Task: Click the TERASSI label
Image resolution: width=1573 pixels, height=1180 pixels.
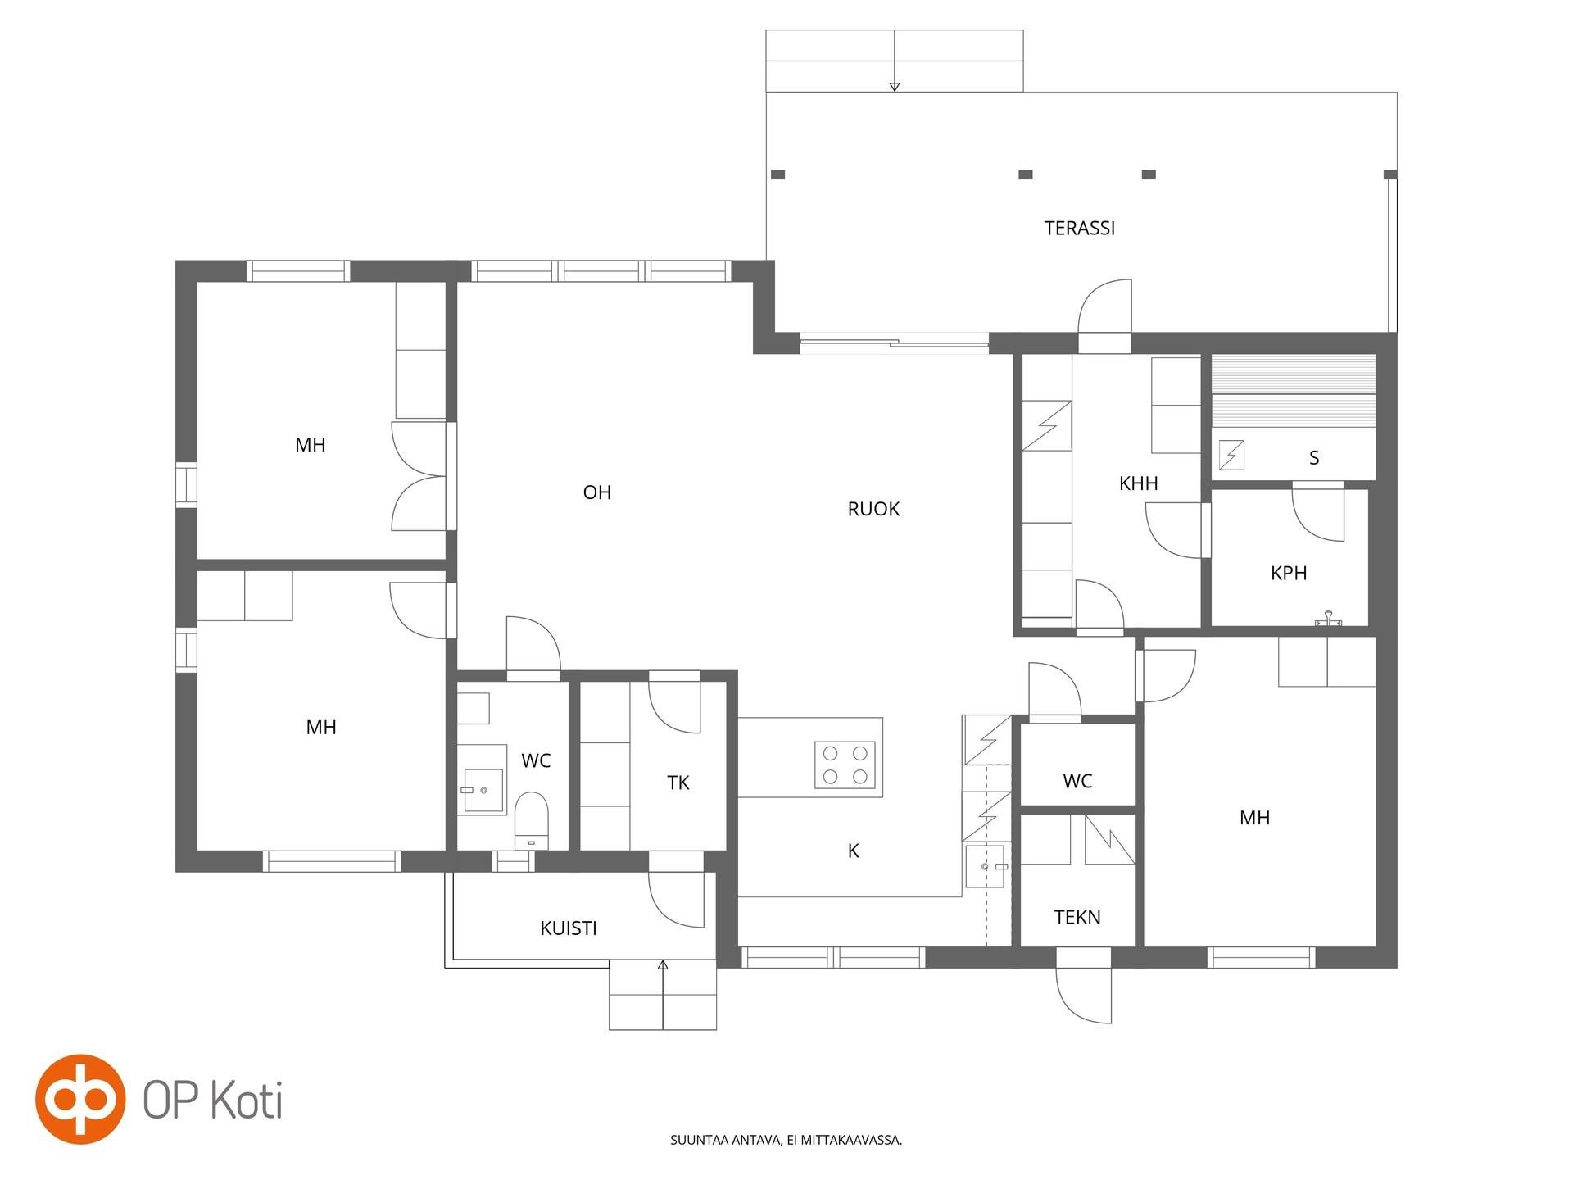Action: (x=1079, y=228)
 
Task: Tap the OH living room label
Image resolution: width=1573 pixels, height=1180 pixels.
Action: (x=596, y=492)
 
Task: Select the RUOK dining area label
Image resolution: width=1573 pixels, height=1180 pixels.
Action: (x=873, y=509)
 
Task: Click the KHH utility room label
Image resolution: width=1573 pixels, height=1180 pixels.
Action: (x=1138, y=483)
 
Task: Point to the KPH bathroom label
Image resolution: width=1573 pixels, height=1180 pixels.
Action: (x=1288, y=573)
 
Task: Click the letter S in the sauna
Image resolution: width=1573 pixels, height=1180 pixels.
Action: (x=1314, y=457)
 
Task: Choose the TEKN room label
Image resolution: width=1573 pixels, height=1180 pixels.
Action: (x=1077, y=917)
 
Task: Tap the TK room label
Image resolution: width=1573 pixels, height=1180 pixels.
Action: (x=678, y=783)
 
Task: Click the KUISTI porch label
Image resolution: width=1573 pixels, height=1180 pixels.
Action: (x=568, y=928)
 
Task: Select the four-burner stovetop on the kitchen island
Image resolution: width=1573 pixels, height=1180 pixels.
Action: (x=845, y=765)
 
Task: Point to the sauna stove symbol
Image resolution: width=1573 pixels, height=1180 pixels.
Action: (x=1231, y=455)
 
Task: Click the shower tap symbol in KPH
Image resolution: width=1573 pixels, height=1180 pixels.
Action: (x=1328, y=619)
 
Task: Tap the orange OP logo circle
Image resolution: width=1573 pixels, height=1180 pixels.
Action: (x=80, y=1099)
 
